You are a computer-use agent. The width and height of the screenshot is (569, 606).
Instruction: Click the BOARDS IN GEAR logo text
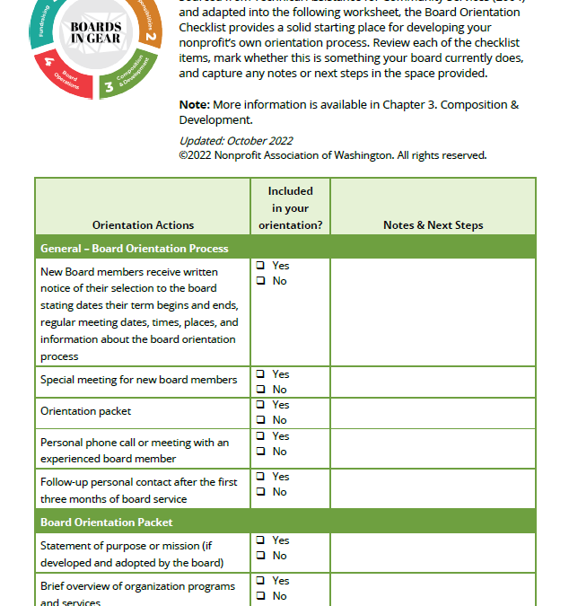96,33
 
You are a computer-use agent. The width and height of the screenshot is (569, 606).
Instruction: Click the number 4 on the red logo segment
49,64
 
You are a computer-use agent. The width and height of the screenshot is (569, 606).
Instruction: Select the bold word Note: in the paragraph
194,105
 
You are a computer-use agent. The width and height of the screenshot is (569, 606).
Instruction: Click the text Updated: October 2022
235,141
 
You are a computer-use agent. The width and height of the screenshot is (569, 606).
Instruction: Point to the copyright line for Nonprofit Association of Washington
332,155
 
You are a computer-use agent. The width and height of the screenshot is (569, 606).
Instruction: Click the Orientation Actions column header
143,225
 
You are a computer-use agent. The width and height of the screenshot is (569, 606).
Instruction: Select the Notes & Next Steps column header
433,225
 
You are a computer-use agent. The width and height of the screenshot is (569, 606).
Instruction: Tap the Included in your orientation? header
290,208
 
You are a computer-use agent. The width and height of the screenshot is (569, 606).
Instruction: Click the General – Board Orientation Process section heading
135,249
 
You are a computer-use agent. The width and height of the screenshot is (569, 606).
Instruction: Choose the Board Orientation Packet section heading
107,522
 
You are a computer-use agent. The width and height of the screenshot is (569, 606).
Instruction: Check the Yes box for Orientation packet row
260,405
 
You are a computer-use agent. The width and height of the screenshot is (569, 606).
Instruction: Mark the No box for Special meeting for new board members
260,390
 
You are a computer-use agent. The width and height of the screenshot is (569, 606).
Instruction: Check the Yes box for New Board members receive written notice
260,266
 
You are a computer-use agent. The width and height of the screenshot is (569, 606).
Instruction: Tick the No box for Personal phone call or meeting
260,452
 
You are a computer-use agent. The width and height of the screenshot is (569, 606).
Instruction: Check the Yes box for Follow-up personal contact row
260,477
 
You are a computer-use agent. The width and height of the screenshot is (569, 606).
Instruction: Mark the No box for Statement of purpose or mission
260,556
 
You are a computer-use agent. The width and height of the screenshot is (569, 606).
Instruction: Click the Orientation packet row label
86,411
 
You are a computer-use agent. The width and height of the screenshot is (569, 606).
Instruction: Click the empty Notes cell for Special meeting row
433,382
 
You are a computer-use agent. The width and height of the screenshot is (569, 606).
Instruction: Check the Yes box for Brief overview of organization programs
260,581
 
